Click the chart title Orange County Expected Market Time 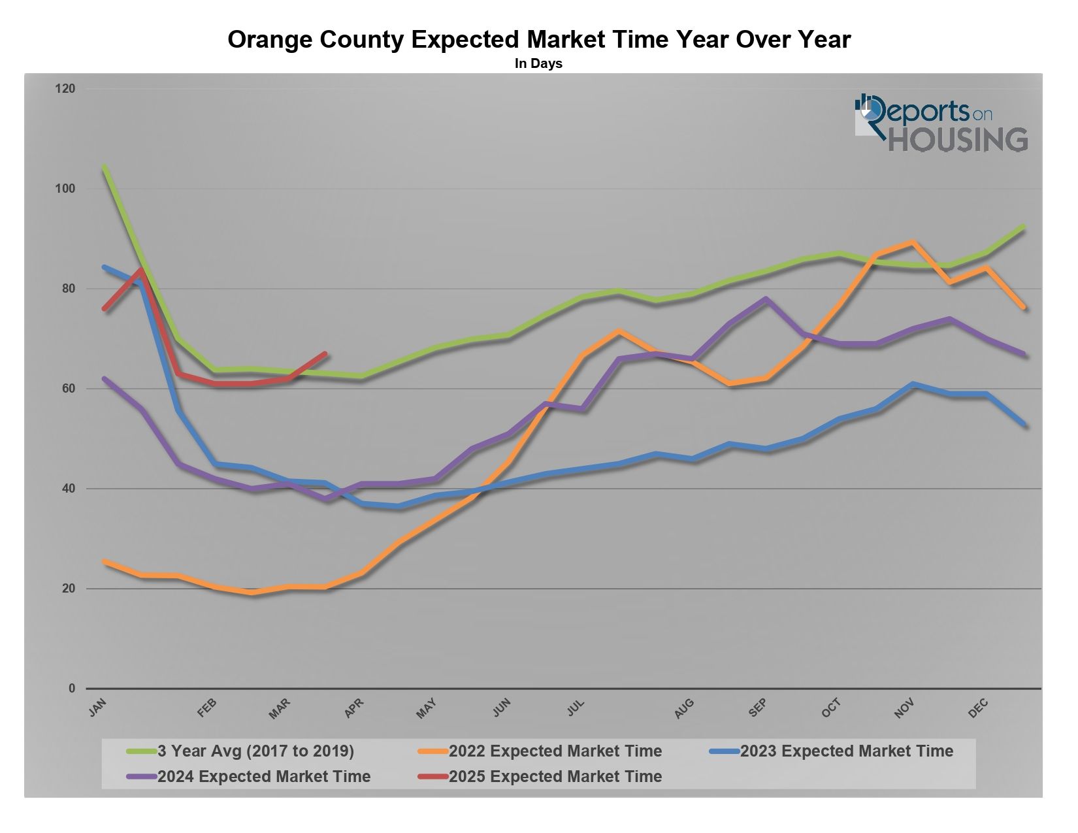[x=539, y=40]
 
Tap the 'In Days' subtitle [x=538, y=63]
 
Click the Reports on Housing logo [x=941, y=123]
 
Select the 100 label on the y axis [x=65, y=188]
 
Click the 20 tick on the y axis [x=69, y=589]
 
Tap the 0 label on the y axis [x=72, y=689]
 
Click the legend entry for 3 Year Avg [x=255, y=751]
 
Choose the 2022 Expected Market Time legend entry [x=555, y=751]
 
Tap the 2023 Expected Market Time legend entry [x=847, y=751]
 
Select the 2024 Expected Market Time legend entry [x=263, y=777]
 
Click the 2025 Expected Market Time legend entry [x=555, y=777]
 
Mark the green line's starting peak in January [x=105, y=167]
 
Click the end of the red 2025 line [x=325, y=353]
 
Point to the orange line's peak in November [x=913, y=242]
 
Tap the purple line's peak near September [x=766, y=299]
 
